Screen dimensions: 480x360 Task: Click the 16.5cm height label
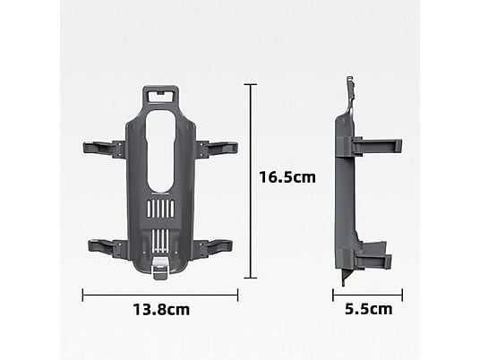(x=287, y=177)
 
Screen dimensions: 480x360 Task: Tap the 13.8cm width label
(x=161, y=310)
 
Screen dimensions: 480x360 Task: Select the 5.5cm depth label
(x=369, y=309)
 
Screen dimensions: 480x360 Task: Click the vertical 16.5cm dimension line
(x=251, y=181)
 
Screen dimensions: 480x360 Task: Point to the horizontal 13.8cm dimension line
(x=160, y=296)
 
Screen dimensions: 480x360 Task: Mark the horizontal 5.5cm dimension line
(x=368, y=296)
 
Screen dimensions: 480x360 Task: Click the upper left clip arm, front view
(x=104, y=149)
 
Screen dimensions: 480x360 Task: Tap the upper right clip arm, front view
(x=218, y=149)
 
